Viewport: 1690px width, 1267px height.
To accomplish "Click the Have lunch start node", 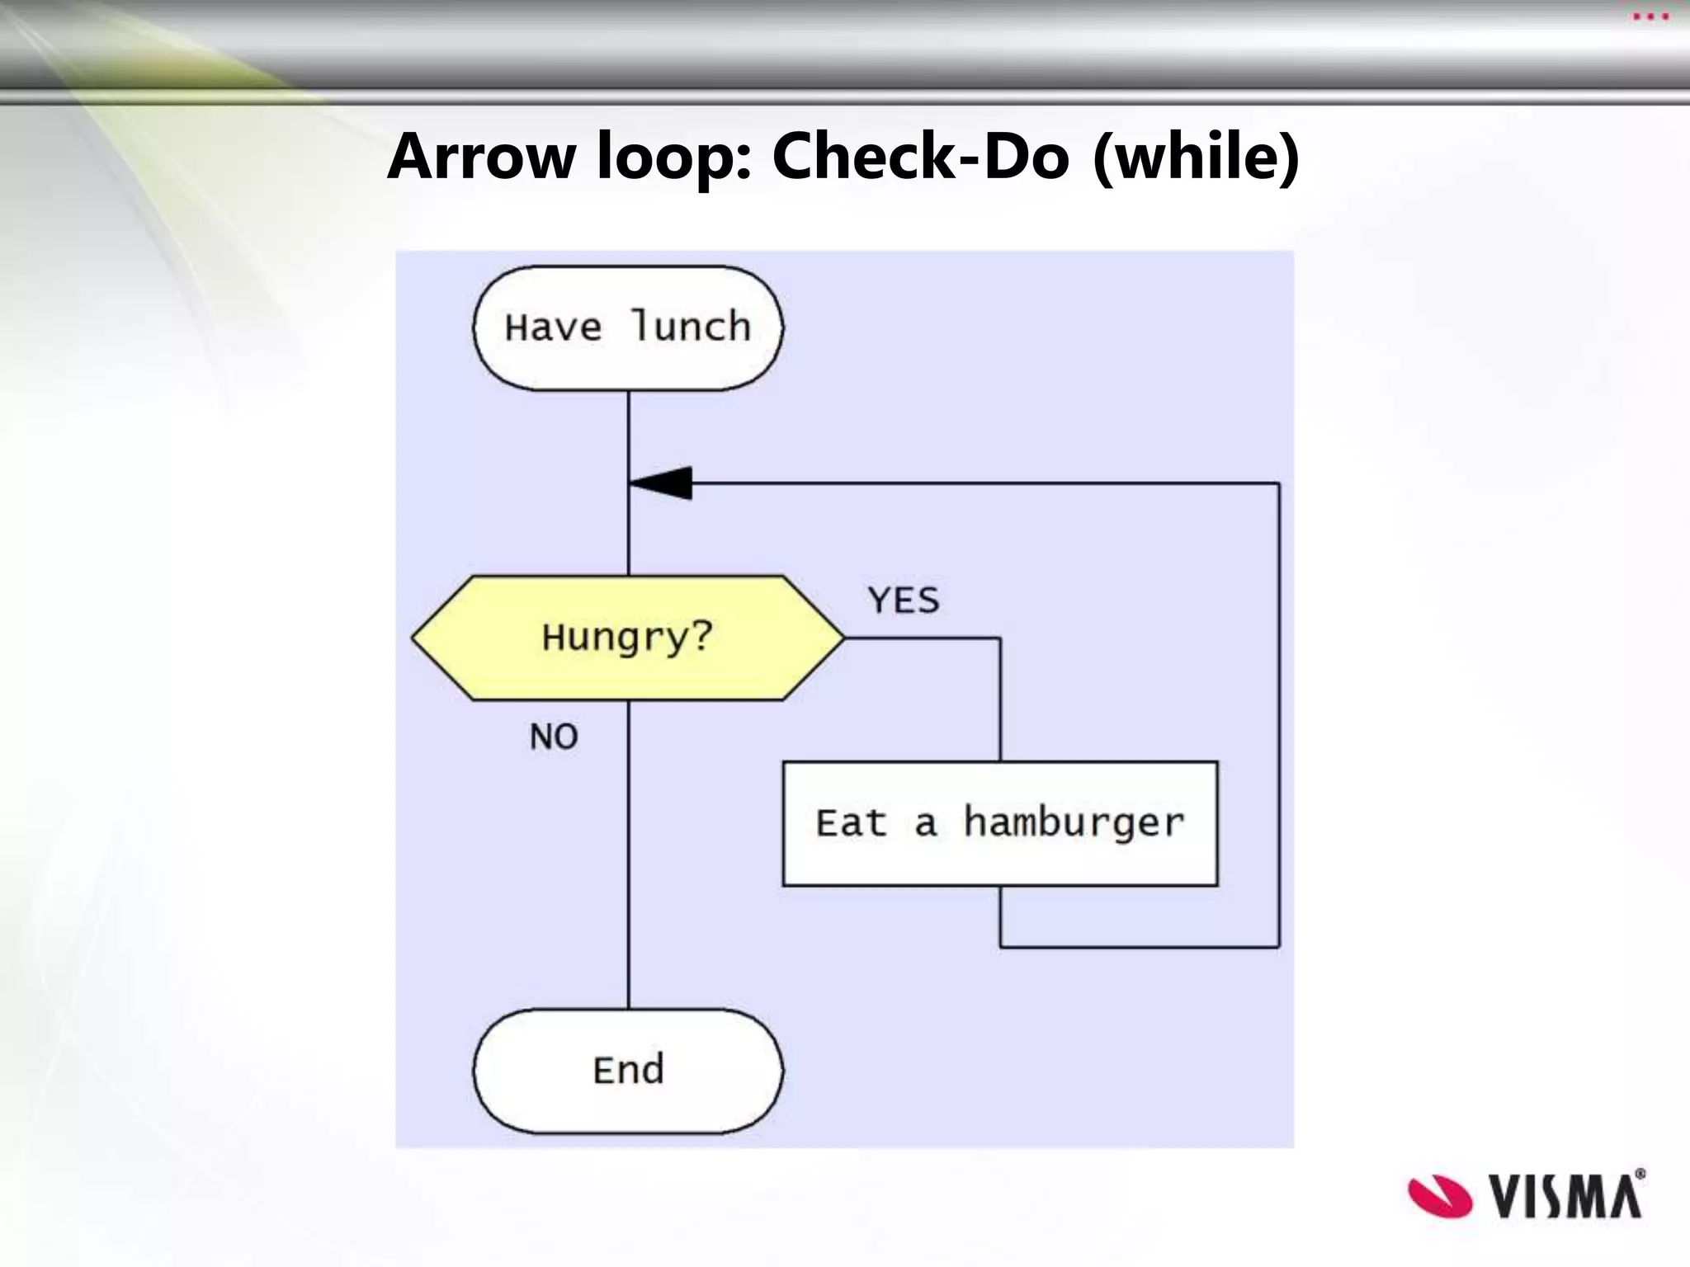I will click(628, 327).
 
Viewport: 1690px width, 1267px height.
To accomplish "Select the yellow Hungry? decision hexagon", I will click(628, 638).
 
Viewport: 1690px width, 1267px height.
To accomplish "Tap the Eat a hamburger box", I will click(999, 823).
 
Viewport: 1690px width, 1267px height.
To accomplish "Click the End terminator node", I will click(628, 1070).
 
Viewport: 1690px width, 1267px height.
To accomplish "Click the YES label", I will click(904, 601).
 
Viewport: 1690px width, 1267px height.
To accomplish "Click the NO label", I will click(554, 737).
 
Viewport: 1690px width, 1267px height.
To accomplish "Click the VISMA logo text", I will click(1565, 1196).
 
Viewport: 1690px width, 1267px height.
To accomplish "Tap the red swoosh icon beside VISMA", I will click(1439, 1196).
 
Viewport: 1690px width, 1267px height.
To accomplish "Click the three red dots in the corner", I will click(1650, 17).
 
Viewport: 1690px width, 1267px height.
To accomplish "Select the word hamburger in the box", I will click(1074, 823).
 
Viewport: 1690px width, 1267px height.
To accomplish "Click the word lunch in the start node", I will click(691, 327).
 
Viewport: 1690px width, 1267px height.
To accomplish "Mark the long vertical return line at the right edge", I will click(1279, 718).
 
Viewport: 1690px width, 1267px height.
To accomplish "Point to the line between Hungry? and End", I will click(629, 858).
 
